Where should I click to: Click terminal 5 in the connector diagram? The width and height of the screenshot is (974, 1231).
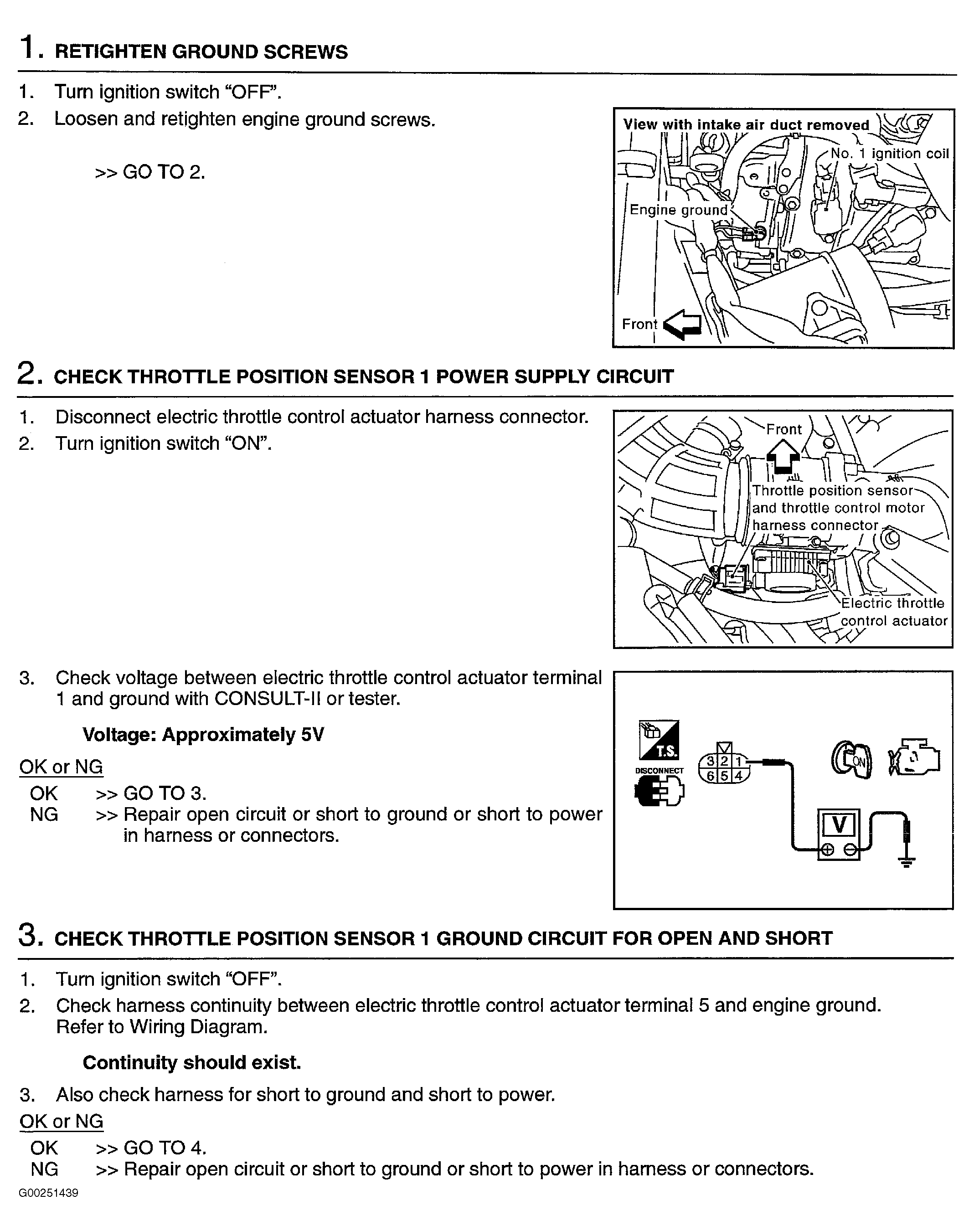[x=724, y=775]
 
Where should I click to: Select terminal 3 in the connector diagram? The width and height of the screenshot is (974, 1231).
[x=711, y=761]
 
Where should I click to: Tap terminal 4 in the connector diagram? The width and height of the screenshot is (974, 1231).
[x=738, y=775]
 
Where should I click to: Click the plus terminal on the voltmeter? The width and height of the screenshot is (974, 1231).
[x=827, y=850]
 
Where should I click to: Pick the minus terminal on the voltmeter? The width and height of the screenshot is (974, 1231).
[x=850, y=850]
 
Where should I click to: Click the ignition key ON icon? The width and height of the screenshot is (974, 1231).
[x=851, y=760]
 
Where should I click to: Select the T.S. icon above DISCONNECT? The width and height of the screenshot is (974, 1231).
[x=659, y=741]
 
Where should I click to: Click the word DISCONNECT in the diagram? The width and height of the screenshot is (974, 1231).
[x=659, y=770]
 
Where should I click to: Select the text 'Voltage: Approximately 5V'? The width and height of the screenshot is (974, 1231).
[x=203, y=734]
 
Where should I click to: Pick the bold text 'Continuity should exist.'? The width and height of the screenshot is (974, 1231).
[x=191, y=1062]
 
